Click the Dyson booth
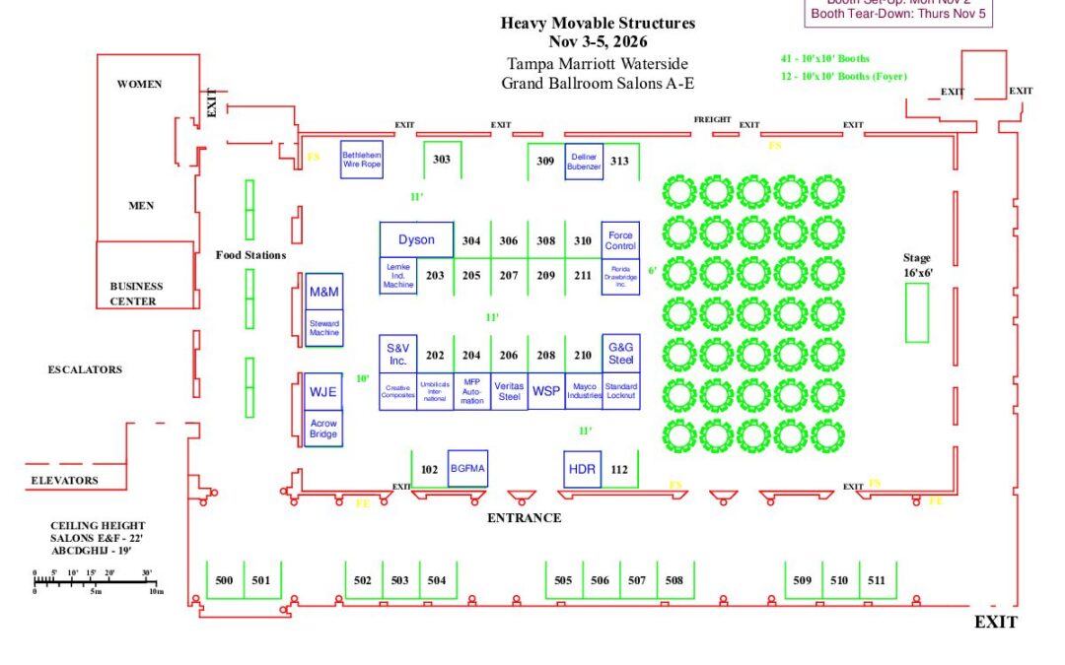coord(416,239)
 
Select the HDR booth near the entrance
coord(583,469)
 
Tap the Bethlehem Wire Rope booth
coord(362,161)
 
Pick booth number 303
coord(442,160)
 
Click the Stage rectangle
coord(917,312)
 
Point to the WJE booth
coord(323,391)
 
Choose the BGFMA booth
coord(467,469)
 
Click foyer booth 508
coord(674,580)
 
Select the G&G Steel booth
coord(620,354)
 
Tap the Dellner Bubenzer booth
coord(583,161)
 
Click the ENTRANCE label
coord(524,517)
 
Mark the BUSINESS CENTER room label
coord(136,294)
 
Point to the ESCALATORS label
coord(85,369)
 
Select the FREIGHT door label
coord(712,119)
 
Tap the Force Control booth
coord(620,239)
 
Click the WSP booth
coord(545,391)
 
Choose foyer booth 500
coord(224,580)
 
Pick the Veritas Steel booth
coord(509,391)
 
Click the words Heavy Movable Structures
coord(598,23)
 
